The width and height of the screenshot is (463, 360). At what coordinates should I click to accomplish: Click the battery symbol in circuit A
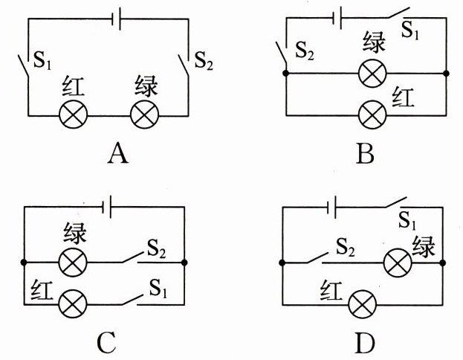click(x=114, y=20)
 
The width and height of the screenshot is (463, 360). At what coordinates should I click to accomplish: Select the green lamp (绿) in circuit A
click(x=143, y=115)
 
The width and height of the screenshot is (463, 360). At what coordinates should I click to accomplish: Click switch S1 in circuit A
click(x=25, y=71)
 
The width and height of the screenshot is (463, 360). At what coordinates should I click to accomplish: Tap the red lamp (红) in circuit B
click(x=372, y=115)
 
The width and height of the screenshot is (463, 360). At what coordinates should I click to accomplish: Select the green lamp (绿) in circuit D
click(x=395, y=263)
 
